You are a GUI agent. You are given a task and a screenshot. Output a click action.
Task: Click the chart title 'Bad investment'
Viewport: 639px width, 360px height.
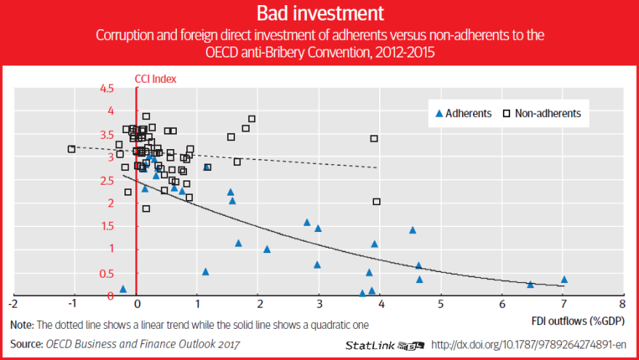319,13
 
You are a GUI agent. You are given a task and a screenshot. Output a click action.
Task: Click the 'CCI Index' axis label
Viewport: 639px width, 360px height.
156,78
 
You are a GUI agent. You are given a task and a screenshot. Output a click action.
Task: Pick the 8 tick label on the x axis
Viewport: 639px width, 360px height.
622,302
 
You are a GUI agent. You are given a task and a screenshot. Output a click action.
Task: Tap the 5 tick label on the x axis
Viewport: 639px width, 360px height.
441,302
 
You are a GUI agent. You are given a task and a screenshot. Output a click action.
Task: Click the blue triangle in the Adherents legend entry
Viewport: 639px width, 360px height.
438,113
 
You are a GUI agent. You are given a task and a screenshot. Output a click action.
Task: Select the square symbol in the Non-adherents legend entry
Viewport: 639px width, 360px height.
507,113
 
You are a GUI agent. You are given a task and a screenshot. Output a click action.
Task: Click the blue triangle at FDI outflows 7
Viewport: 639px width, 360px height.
564,279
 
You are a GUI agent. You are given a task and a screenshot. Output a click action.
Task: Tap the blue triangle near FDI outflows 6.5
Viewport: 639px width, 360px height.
531,284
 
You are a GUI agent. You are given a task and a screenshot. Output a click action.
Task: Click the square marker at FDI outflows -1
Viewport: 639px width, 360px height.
71,149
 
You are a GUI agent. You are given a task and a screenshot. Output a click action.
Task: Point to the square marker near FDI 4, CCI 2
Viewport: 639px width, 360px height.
376,201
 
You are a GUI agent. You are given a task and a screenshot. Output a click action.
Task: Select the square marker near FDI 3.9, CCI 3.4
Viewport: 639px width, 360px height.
374,138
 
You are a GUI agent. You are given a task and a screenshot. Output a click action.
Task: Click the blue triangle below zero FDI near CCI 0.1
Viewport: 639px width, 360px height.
123,289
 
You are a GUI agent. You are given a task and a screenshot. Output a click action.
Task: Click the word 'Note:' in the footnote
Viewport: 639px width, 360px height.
22,324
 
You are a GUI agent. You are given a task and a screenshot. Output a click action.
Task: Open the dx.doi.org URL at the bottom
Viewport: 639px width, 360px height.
529,344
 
